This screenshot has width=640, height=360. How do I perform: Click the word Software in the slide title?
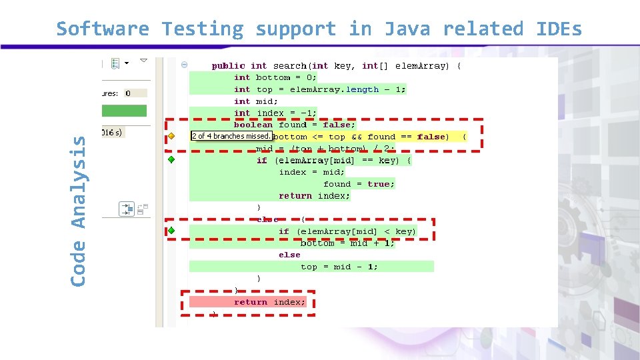pyautogui.click(x=103, y=29)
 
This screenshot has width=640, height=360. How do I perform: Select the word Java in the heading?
pyautogui.click(x=407, y=29)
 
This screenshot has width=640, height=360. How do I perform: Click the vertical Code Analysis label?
pyautogui.click(x=79, y=211)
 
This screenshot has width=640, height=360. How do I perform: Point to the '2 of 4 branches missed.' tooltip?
pyautogui.click(x=231, y=136)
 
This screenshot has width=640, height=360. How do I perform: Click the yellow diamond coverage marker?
pyautogui.click(x=171, y=136)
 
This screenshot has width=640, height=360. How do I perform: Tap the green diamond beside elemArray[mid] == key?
pyautogui.click(x=171, y=160)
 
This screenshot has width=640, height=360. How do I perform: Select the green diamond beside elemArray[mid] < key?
pyautogui.click(x=171, y=231)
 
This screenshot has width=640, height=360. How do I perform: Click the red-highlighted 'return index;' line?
pyautogui.click(x=269, y=302)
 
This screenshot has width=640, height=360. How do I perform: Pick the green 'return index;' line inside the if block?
pyautogui.click(x=314, y=196)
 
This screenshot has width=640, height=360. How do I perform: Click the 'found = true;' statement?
pyautogui.click(x=359, y=184)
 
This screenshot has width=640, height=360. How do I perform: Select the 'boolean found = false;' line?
pyautogui.click(x=295, y=125)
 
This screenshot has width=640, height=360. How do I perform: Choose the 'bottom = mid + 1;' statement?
pyautogui.click(x=347, y=243)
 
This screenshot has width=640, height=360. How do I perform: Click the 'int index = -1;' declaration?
pyautogui.click(x=275, y=113)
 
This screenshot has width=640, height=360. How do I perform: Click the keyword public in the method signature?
pyautogui.click(x=229, y=65)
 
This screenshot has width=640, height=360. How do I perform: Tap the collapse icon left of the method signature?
pyautogui.click(x=184, y=65)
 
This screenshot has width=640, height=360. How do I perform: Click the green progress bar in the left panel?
pyautogui.click(x=125, y=111)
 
